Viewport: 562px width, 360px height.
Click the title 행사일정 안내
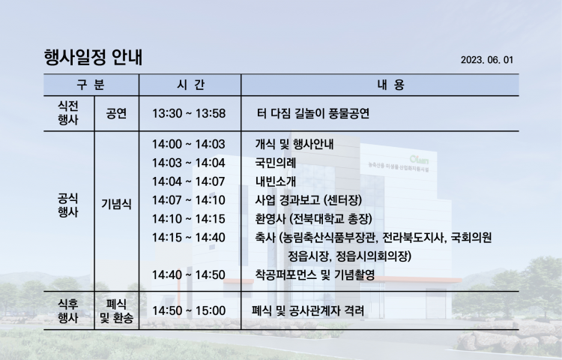pyautogui.click(x=93, y=57)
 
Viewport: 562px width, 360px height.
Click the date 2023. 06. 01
pyautogui.click(x=487, y=60)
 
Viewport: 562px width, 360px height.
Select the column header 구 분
pyautogui.click(x=91, y=85)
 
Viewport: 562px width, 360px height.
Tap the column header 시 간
pyautogui.click(x=190, y=85)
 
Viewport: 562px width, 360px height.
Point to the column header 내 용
pyautogui.click(x=390, y=85)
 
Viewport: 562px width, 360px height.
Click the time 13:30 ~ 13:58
pyautogui.click(x=189, y=114)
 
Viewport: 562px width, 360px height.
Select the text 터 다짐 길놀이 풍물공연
pyautogui.click(x=313, y=114)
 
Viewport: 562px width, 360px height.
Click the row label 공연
pyautogui.click(x=116, y=114)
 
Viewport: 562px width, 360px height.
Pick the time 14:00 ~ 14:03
pyautogui.click(x=189, y=144)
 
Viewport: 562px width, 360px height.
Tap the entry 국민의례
pyautogui.click(x=275, y=163)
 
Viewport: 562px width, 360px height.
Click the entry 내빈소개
pyautogui.click(x=275, y=181)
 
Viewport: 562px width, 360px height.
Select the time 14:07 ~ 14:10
pyautogui.click(x=189, y=200)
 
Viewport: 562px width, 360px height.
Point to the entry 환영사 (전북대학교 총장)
pyautogui.click(x=314, y=219)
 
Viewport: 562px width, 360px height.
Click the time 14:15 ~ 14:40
pyautogui.click(x=189, y=237)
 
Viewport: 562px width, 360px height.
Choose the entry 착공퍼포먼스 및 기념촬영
pyautogui.click(x=315, y=275)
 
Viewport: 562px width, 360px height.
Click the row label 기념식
pyautogui.click(x=116, y=205)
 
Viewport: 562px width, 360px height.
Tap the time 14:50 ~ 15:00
pyautogui.click(x=189, y=310)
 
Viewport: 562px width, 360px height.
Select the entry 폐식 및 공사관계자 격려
pyautogui.click(x=308, y=310)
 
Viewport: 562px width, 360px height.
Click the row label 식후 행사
pyautogui.click(x=68, y=311)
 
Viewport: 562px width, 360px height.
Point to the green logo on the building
pyautogui.click(x=420, y=159)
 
